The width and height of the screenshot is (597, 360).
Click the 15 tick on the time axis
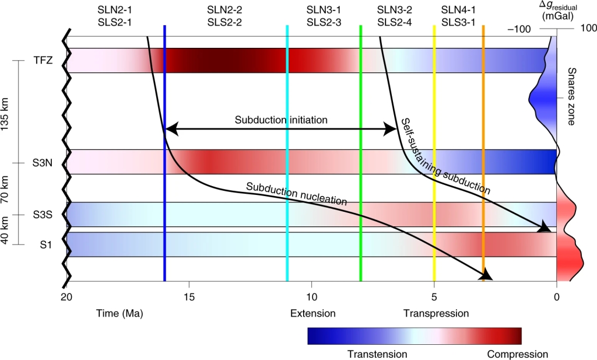click(x=189, y=297)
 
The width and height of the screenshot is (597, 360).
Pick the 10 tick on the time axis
click(x=311, y=297)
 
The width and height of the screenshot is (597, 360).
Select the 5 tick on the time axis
click(x=434, y=297)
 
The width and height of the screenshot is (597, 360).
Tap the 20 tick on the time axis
click(x=66, y=297)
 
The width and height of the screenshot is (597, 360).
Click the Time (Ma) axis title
click(x=120, y=313)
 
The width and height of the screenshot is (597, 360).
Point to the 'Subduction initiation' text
click(x=281, y=120)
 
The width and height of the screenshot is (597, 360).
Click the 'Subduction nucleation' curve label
click(x=296, y=195)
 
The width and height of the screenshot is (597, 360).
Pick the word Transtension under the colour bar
click(x=377, y=354)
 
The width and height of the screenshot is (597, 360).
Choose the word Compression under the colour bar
click(x=517, y=354)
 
